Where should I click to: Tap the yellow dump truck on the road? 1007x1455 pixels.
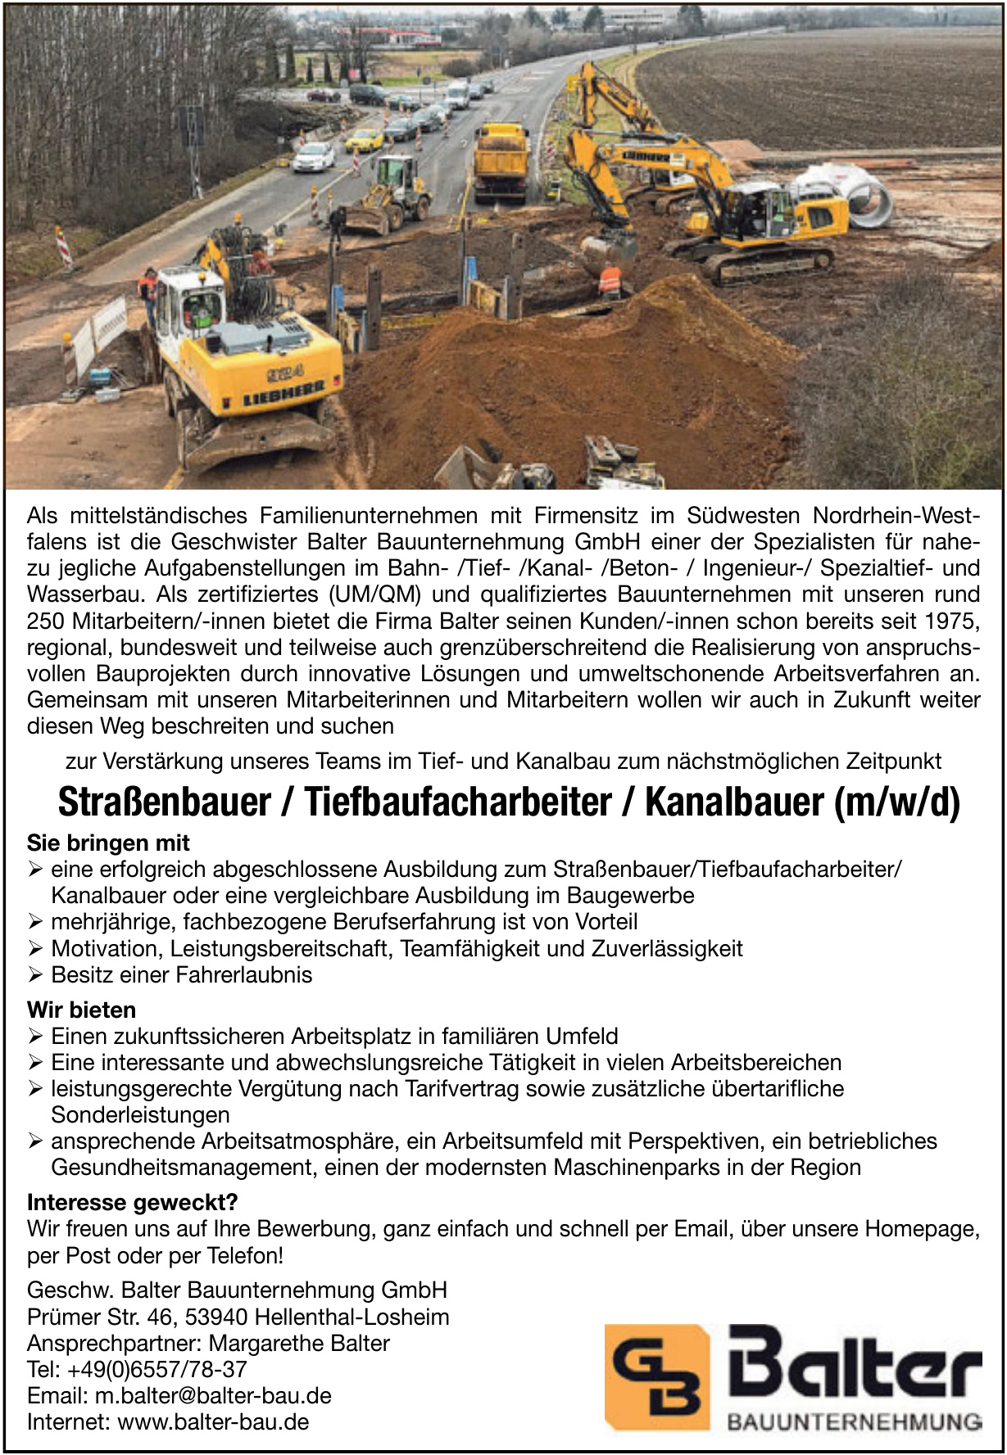click(501, 162)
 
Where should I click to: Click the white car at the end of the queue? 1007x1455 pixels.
click(314, 156)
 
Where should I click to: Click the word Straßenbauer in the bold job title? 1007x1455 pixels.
click(164, 803)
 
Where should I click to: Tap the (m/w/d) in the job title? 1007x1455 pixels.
click(896, 803)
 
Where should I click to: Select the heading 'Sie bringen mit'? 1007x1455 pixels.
click(108, 843)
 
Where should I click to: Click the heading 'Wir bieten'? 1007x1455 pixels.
click(81, 1010)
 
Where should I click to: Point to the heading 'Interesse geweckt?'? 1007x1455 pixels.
click(132, 1202)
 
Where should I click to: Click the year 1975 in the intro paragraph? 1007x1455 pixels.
click(951, 620)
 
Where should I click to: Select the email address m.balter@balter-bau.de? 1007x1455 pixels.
click(213, 1395)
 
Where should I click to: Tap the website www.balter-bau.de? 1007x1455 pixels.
click(214, 1421)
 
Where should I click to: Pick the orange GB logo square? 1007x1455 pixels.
click(656, 1376)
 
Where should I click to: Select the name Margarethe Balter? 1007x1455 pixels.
click(299, 1343)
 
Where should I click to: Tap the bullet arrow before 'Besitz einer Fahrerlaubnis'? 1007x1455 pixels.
click(35, 974)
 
